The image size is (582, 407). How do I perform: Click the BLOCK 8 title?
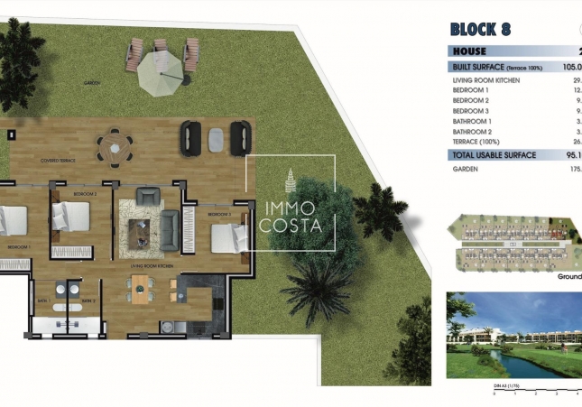tap(479, 28)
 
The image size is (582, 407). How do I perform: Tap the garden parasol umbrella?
tap(162, 70)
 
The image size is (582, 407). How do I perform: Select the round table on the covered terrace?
tap(114, 144)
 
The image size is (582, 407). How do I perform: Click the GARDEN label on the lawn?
tap(91, 82)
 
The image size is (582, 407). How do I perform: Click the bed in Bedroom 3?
tap(229, 238)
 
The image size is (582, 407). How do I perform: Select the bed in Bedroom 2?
tap(69, 218)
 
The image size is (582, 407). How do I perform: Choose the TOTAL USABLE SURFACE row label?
tap(494, 155)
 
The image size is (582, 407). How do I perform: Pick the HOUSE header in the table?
tap(469, 51)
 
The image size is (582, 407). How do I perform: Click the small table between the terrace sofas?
tap(217, 138)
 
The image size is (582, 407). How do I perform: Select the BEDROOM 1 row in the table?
tap(471, 90)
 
